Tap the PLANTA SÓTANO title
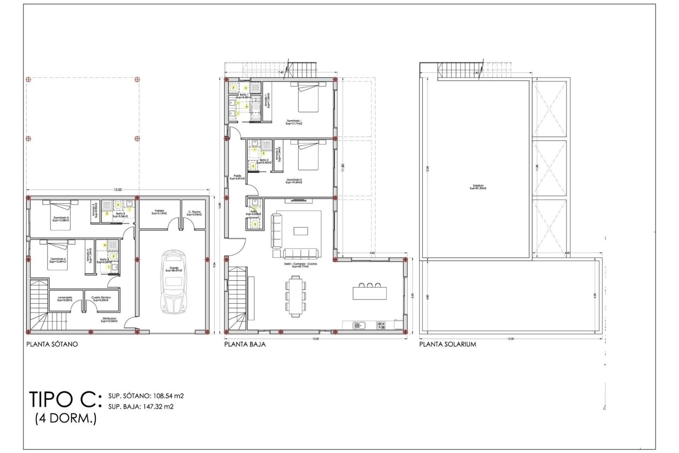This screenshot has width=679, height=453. click(x=52, y=344)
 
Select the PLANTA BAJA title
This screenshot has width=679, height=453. click(x=245, y=344)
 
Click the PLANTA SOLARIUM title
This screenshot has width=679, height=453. click(x=448, y=344)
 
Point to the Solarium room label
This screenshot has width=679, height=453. click(x=478, y=187)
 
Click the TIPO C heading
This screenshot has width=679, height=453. click(x=65, y=399)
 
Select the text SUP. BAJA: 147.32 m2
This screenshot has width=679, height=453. click(x=141, y=407)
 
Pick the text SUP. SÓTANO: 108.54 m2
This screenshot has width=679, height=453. click(x=146, y=396)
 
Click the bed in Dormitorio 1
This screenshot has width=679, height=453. click(x=308, y=97)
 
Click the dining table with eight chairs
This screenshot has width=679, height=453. click(x=295, y=296)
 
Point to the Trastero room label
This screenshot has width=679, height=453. click(x=159, y=212)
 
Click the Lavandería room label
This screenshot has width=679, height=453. click(x=65, y=299)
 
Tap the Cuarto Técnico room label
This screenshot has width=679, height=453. click(x=101, y=299)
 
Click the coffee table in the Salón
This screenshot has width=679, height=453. click(x=301, y=231)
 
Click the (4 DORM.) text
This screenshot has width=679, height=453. click(x=66, y=418)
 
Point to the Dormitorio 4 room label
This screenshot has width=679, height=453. click(x=58, y=260)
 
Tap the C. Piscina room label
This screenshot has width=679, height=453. click(x=194, y=213)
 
